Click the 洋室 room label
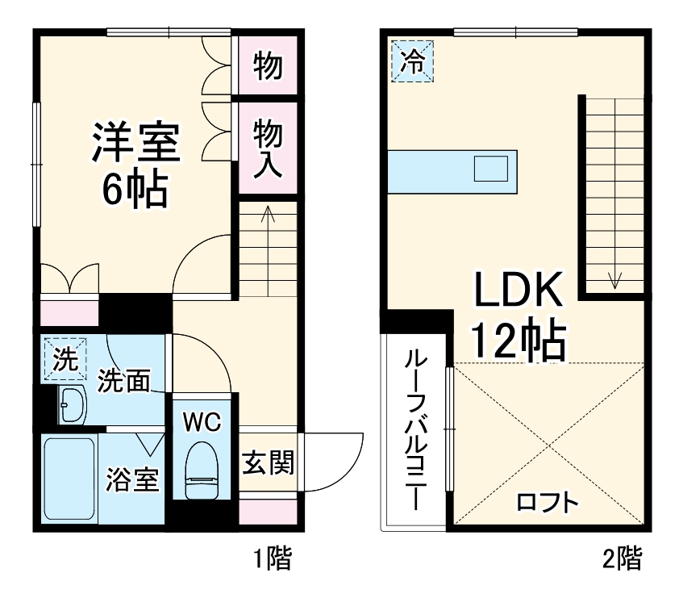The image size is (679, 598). [135, 143]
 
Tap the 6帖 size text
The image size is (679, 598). [134, 190]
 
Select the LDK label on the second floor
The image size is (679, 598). [517, 291]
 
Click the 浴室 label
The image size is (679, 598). [131, 480]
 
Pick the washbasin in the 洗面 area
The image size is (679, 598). [73, 403]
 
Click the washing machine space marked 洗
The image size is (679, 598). [65, 359]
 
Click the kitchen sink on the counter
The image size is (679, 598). [491, 169]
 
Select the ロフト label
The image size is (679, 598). [548, 503]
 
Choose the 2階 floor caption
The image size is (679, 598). [623, 558]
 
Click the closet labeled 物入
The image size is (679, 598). [267, 147]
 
